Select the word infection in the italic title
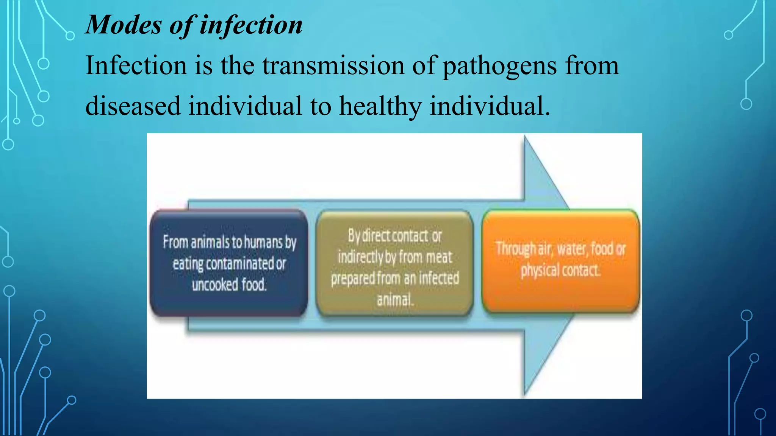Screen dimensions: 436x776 click(251, 25)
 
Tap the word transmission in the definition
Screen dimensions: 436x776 click(333, 65)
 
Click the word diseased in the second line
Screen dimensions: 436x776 click(133, 106)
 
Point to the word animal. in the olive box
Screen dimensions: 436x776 click(394, 300)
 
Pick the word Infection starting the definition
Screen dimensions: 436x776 click(136, 65)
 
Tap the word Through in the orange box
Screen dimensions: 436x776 click(516, 249)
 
